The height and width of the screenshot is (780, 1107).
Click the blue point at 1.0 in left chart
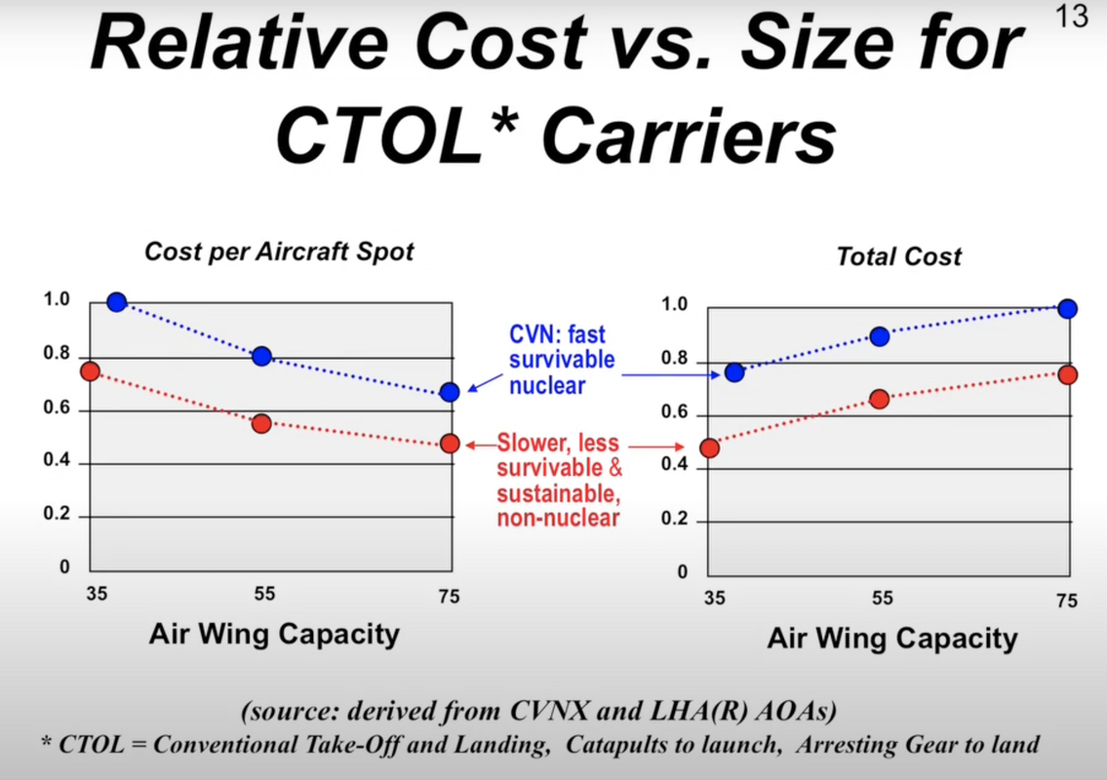coord(117,302)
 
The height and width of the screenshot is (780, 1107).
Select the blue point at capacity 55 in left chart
coord(261,356)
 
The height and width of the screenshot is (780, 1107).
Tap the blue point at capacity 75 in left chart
coord(450,392)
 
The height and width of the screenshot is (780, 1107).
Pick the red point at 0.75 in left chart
coord(91,370)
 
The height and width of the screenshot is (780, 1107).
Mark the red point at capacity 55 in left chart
coord(260,423)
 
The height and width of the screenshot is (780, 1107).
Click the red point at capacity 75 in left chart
coord(450,444)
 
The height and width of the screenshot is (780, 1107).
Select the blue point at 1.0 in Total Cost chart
coord(1067,309)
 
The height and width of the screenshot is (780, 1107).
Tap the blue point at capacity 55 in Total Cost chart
coord(880,336)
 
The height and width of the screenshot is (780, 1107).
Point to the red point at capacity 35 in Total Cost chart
coord(710,448)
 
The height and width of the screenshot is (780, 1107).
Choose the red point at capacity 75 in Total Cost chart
coord(1067,374)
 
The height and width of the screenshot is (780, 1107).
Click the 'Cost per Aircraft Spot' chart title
coord(279,252)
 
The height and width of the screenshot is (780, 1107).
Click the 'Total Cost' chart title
coord(898,257)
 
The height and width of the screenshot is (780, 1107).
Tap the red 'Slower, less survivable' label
coord(560,481)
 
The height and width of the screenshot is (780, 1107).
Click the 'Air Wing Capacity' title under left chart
coord(274,635)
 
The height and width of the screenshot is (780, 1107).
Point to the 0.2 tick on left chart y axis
coord(57,515)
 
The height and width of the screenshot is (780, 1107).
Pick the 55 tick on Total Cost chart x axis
coord(882,599)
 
